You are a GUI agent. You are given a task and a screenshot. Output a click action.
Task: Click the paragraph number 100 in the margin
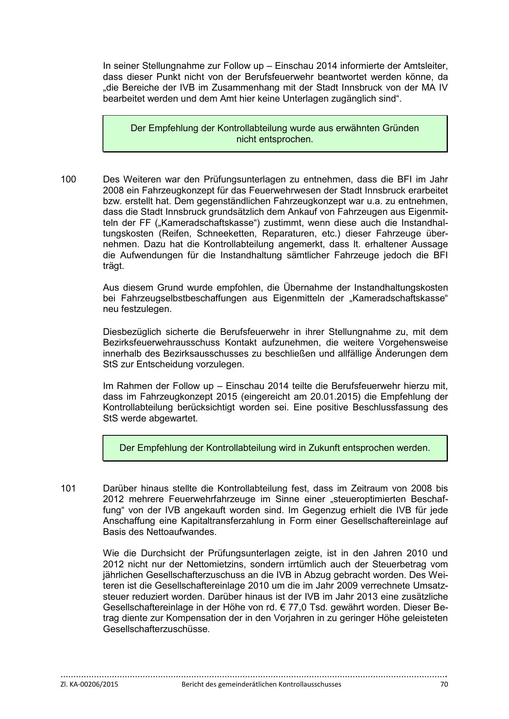(x=68, y=180)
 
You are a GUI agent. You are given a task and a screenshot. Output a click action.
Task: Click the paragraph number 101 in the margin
(x=68, y=489)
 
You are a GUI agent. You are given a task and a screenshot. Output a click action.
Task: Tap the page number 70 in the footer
(x=444, y=684)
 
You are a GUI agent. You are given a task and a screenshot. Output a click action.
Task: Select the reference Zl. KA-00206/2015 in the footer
(x=89, y=684)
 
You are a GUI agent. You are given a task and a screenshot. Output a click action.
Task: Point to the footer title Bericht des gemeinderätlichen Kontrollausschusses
(x=261, y=684)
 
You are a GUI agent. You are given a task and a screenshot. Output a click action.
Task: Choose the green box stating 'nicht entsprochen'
(x=275, y=134)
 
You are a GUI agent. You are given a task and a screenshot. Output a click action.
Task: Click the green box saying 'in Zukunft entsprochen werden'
(x=275, y=448)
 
